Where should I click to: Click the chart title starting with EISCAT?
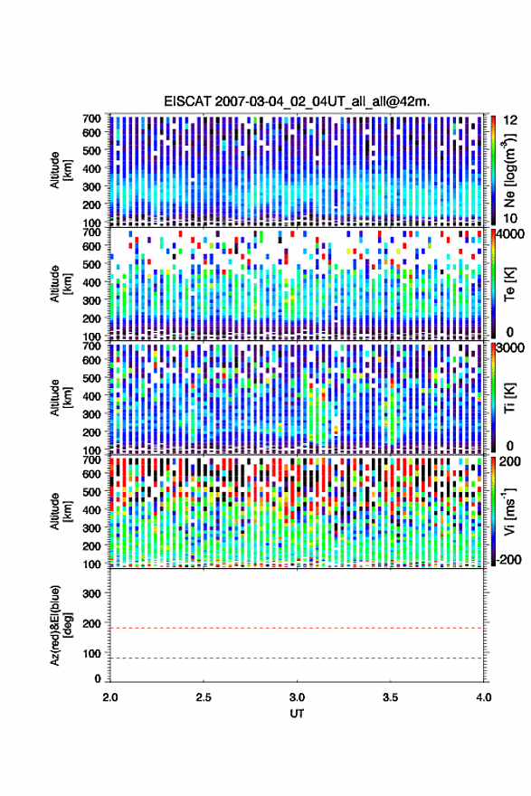point(297,101)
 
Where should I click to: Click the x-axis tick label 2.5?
point(204,697)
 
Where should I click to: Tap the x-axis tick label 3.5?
point(391,697)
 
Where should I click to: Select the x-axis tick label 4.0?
point(484,697)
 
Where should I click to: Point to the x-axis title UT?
point(297,714)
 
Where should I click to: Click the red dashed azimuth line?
point(297,628)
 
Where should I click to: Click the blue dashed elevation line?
point(297,659)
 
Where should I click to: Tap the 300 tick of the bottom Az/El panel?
point(91,593)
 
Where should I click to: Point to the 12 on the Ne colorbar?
point(510,120)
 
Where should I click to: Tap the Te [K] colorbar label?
point(509,284)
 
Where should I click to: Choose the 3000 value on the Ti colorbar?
point(511,347)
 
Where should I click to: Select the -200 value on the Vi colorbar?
point(507,559)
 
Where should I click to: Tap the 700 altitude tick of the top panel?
point(91,118)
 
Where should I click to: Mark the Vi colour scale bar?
point(493,511)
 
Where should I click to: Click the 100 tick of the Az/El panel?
point(91,653)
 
